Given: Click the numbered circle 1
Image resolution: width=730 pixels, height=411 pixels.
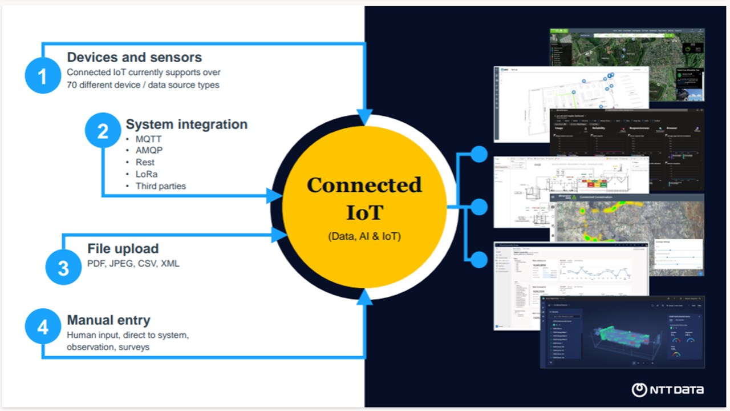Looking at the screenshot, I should pos(43,75).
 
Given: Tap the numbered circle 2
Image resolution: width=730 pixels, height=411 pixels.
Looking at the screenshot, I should pos(103,132).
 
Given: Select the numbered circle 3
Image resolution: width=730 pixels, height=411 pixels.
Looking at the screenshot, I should pos(63,267).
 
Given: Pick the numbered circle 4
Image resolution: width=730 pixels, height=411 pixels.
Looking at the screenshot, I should pos(43,327).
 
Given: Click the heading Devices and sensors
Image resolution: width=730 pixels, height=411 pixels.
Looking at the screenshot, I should pos(134,57).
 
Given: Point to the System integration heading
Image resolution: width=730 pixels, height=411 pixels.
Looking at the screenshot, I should pos(186,124).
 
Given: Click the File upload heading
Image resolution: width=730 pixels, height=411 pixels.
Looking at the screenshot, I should pos(123,249).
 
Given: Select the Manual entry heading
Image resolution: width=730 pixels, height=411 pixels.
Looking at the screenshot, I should pos(108,320).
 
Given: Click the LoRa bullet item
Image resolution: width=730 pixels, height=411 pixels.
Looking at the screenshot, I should pos(146,174).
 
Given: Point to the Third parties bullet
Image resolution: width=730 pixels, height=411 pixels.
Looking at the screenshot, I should pos(160,186).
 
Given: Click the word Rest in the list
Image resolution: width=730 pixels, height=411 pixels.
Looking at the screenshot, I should pos(145,162).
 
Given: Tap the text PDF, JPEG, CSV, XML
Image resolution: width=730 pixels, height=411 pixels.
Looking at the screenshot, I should pos(133,264).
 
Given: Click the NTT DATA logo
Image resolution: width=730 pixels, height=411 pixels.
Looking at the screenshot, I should pos(667,390).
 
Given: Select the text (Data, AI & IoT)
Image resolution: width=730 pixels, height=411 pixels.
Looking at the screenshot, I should pos(364,236).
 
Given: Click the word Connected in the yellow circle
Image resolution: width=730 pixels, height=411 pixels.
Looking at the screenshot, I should pos(364,185).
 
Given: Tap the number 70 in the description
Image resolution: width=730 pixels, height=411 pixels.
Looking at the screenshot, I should pos(72,85).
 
